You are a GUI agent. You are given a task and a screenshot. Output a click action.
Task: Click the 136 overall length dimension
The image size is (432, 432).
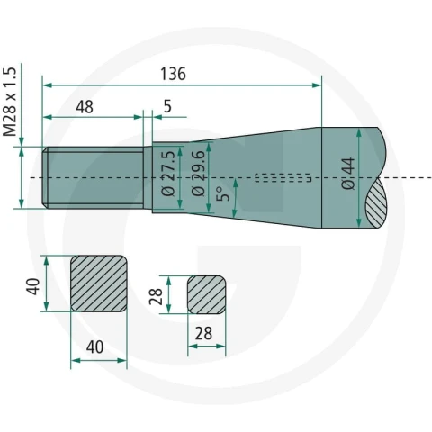(x=173, y=74)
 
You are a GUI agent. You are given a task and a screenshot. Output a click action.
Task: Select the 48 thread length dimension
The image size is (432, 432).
(x=85, y=107)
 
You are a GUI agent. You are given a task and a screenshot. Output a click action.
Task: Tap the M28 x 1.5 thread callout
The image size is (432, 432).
(x=9, y=102)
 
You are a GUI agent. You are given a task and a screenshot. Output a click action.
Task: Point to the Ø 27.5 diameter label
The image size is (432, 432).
(x=168, y=174)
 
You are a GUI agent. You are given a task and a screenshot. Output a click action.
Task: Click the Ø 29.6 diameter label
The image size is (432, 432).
(x=198, y=174)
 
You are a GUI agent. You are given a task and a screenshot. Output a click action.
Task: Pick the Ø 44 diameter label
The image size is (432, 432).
(x=348, y=174)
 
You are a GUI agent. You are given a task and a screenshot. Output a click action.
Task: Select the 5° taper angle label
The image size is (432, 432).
(x=223, y=194)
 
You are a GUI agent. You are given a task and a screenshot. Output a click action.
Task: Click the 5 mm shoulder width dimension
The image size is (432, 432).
(x=167, y=106)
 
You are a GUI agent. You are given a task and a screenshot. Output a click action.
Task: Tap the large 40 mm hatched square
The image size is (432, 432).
(x=99, y=283)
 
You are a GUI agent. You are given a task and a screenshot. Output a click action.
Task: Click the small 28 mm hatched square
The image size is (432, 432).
(x=207, y=295)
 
